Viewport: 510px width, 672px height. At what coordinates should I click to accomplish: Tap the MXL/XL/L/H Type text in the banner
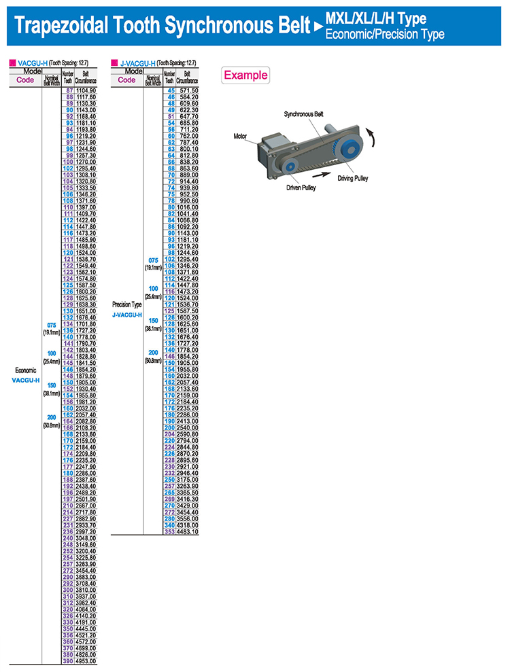(376, 18)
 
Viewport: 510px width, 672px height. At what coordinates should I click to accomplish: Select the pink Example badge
(245, 75)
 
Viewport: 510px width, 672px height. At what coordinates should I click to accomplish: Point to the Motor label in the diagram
(240, 137)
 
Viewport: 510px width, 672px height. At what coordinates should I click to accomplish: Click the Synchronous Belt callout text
(304, 114)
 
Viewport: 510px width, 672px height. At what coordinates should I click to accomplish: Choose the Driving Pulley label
(353, 178)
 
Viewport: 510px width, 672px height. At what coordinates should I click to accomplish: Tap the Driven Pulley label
(301, 188)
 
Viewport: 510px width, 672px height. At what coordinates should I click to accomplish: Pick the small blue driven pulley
(289, 166)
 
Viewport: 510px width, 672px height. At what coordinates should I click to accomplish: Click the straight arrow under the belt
(322, 174)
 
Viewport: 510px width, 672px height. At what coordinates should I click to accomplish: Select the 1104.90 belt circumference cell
(86, 91)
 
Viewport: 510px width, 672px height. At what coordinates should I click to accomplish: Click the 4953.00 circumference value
(86, 661)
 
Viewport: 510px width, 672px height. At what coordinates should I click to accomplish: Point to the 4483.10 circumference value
(188, 532)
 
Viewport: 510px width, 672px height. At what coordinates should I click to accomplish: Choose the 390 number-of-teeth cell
(68, 661)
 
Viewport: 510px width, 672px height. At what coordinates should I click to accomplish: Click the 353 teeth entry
(169, 532)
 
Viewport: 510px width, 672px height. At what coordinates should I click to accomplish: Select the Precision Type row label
(127, 304)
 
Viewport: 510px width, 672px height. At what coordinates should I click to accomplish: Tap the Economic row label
(26, 370)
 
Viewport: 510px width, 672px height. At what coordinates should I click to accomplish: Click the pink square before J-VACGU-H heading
(114, 63)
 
